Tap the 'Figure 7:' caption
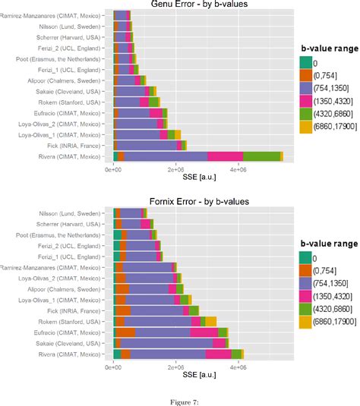(179, 394)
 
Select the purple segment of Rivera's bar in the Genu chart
(166, 156)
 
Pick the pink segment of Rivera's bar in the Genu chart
(226, 156)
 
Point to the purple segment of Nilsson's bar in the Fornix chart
(129, 213)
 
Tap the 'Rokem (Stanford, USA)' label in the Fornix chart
(74, 321)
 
